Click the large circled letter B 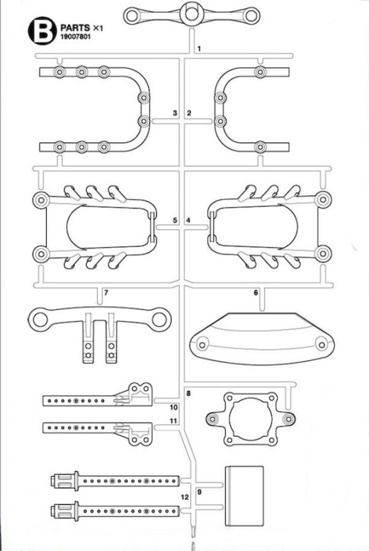tap(42, 30)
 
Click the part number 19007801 tap(76, 37)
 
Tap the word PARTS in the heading tap(75, 28)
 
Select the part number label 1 tap(199, 48)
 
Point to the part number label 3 tap(175, 113)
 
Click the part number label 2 tap(189, 113)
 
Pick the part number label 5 tap(175, 220)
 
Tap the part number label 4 tap(188, 220)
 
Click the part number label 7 tap(106, 292)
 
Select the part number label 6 tap(255, 292)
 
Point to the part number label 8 tap(189, 393)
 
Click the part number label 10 tap(173, 407)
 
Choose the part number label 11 tap(173, 421)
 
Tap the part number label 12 tap(184, 497)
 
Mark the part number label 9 tap(200, 492)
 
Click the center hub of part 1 tap(191, 13)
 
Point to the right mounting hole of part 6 tap(321, 344)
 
